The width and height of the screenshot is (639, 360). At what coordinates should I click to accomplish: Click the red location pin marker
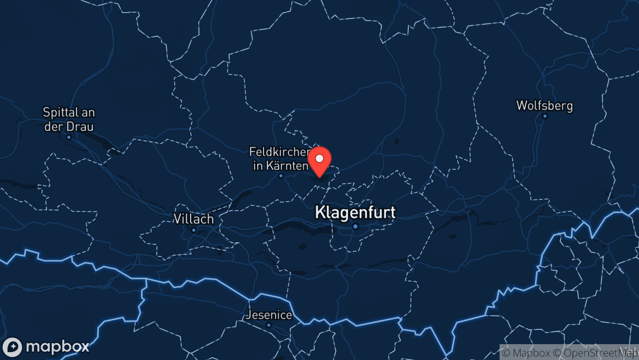[319, 161]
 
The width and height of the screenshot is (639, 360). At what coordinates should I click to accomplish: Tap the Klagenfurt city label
[355, 212]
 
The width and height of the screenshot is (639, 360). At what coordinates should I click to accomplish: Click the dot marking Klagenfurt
[355, 226]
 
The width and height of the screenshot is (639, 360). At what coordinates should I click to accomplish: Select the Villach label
[193, 219]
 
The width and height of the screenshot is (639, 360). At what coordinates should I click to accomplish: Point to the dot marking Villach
[194, 230]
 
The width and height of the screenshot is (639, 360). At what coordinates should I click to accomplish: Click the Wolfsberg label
[544, 106]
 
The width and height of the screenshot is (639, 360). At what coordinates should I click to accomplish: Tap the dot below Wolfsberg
[545, 116]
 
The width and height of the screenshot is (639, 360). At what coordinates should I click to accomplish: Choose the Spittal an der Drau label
[69, 119]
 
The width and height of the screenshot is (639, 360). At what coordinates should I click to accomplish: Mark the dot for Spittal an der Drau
[69, 137]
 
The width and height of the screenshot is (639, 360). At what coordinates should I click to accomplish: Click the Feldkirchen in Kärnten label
[279, 158]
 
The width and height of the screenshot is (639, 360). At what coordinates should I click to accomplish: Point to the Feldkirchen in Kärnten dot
[281, 176]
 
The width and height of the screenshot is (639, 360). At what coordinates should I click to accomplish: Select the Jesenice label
[268, 315]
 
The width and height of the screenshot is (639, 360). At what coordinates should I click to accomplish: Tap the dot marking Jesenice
[269, 325]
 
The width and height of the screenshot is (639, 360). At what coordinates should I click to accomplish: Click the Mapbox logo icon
[12, 347]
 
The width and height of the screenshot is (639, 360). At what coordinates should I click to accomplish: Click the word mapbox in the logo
[57, 347]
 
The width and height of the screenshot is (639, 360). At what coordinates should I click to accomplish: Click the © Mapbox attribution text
[524, 352]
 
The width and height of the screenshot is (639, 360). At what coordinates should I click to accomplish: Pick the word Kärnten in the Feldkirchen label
[288, 166]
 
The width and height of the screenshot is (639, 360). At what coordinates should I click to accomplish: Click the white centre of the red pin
[319, 158]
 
